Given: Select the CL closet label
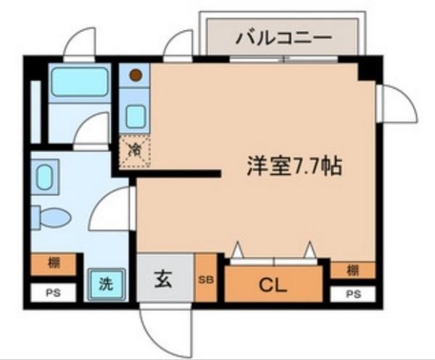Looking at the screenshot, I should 273,285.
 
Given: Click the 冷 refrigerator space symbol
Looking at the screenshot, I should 135,151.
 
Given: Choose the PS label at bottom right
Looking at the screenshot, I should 353,294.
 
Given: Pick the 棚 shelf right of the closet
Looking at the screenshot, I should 352,270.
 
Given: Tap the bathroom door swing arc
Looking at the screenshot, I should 93,130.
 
